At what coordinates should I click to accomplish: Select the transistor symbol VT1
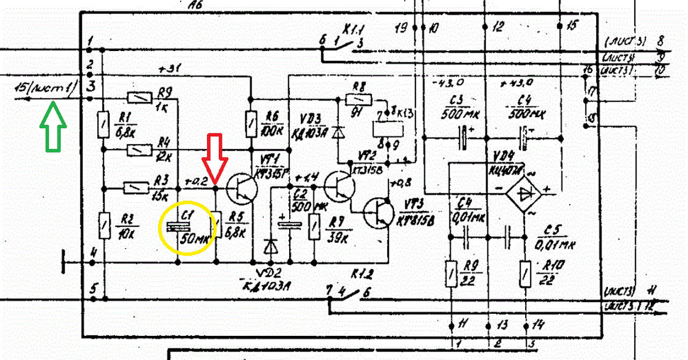242,188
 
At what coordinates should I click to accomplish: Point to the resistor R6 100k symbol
251,124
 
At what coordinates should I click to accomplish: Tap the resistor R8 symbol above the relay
359,99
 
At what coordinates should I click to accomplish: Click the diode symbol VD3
338,132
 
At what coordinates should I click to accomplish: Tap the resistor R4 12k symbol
137,149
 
